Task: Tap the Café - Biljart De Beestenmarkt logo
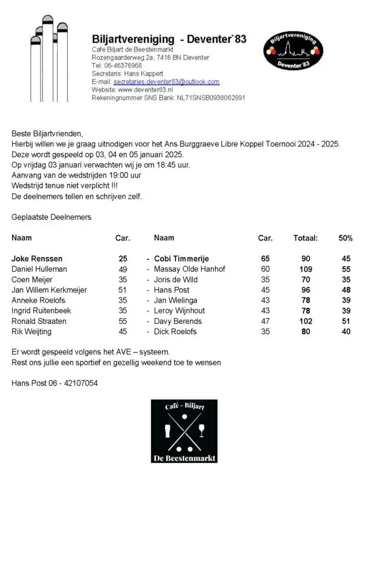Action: (184, 431)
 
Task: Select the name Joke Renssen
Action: (37, 259)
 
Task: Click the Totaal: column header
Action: (305, 238)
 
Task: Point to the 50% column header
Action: (345, 238)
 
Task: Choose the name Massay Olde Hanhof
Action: (190, 269)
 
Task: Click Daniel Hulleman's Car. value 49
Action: (123, 269)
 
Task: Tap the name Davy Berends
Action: (178, 321)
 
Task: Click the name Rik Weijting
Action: (32, 331)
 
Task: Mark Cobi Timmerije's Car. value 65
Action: (265, 259)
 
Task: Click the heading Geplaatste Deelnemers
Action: (52, 217)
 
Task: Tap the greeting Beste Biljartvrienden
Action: (47, 134)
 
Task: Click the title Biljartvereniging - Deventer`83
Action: (169, 39)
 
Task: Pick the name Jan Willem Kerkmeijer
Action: (49, 290)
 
